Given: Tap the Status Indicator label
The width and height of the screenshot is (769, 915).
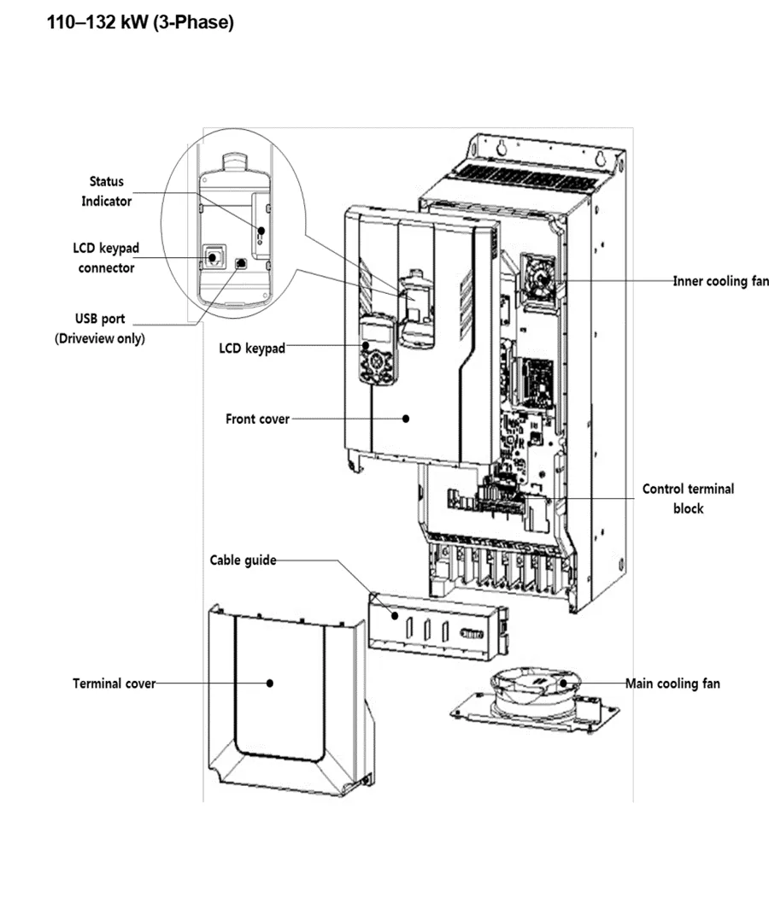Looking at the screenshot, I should [x=107, y=191].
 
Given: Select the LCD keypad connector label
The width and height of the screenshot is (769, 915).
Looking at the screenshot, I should [x=106, y=258].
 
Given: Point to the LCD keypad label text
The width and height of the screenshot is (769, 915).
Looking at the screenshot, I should [x=252, y=349].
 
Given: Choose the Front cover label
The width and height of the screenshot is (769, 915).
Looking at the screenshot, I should [x=257, y=419].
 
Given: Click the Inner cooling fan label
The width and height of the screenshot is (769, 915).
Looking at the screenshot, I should [x=720, y=281].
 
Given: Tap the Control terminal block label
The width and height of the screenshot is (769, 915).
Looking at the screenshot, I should [x=688, y=499].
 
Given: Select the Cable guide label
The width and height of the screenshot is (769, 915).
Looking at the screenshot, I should [x=244, y=560].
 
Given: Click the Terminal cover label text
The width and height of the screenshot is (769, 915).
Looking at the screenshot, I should [x=114, y=683].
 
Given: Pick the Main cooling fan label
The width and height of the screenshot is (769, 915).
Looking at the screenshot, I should [x=672, y=683].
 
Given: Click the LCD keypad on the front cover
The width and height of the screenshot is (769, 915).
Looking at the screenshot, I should [x=376, y=350].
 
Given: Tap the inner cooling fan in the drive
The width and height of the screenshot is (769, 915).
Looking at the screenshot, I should [x=539, y=278].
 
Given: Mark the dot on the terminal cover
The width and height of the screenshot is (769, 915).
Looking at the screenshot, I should [x=270, y=683].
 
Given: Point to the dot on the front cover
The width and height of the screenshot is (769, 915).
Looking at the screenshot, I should [x=406, y=419].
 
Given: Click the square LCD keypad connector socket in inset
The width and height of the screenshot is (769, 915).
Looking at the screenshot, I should [x=212, y=255].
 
